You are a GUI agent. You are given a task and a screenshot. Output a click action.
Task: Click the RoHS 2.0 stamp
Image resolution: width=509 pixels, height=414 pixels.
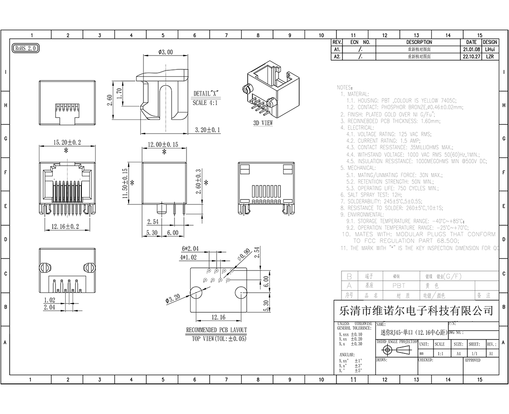point(26,48)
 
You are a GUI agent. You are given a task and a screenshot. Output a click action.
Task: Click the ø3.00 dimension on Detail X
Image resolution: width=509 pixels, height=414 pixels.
point(165,52)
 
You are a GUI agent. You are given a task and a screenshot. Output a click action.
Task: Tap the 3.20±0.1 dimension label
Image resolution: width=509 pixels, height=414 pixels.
point(207,130)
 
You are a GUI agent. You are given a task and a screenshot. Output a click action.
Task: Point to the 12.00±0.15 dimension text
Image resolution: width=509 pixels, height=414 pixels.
point(163,145)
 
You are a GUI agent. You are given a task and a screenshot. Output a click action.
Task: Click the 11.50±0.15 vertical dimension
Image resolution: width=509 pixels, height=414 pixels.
point(124,184)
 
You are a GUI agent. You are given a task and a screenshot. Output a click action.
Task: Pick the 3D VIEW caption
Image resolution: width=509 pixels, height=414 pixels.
point(263,123)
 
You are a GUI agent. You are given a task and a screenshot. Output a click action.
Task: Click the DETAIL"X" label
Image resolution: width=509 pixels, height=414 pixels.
point(205,93)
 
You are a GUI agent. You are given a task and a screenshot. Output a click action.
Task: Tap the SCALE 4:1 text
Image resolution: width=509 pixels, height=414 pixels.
point(205,103)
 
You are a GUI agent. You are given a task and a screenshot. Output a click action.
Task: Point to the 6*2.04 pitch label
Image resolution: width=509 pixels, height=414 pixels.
point(190,248)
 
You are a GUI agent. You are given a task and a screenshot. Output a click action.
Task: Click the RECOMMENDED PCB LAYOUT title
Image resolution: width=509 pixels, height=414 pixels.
point(217,330)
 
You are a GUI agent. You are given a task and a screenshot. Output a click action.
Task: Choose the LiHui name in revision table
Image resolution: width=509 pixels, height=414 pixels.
point(490,49)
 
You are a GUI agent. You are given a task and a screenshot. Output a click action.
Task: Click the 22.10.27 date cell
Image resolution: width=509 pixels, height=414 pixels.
point(472,56)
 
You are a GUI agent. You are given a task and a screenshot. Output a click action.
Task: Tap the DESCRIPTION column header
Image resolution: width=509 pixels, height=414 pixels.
point(419,42)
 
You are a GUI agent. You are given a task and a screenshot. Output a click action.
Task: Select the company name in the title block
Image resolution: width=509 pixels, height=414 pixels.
point(416,310)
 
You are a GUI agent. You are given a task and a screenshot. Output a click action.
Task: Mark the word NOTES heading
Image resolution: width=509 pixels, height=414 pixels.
point(345,87)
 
